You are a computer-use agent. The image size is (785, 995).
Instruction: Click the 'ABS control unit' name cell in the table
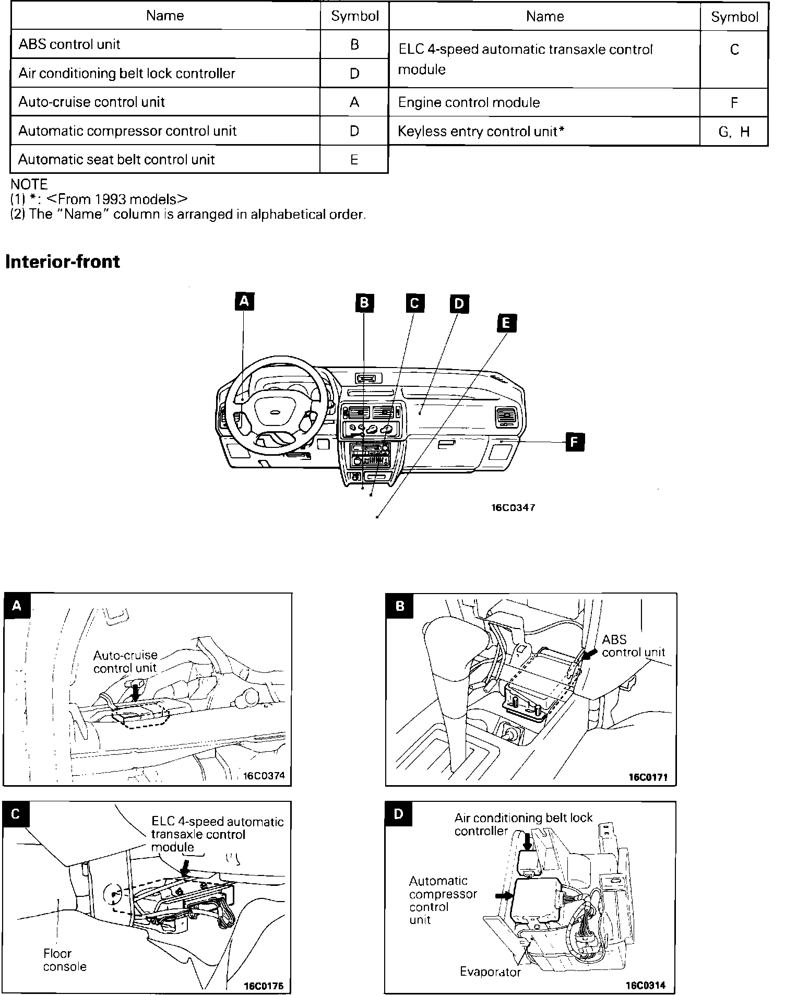point(69,44)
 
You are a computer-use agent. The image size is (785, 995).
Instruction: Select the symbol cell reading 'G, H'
point(733,132)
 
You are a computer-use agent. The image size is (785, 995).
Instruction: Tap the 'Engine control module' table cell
point(469,102)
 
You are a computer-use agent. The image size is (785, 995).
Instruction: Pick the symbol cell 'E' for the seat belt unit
point(354,160)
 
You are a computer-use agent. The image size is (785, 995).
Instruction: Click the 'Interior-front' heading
point(63,262)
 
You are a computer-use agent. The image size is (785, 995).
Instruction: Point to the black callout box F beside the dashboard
point(574,442)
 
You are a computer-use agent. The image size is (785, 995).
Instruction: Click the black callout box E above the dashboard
point(506,323)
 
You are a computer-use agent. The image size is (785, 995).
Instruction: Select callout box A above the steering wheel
point(244,301)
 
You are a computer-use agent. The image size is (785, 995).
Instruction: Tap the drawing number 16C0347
point(513,507)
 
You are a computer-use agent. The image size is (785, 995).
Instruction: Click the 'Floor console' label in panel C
point(65,960)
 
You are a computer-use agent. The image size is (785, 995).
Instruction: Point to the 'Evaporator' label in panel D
point(490,972)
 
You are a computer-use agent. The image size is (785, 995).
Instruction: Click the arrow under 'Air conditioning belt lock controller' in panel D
point(527,841)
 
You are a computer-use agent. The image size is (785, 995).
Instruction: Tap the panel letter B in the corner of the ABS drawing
point(400,607)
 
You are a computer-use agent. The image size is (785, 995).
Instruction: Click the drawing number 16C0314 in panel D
point(646,985)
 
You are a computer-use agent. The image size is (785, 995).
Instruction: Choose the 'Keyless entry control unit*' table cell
point(481,132)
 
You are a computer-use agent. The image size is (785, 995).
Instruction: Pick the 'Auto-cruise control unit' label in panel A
point(125,661)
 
